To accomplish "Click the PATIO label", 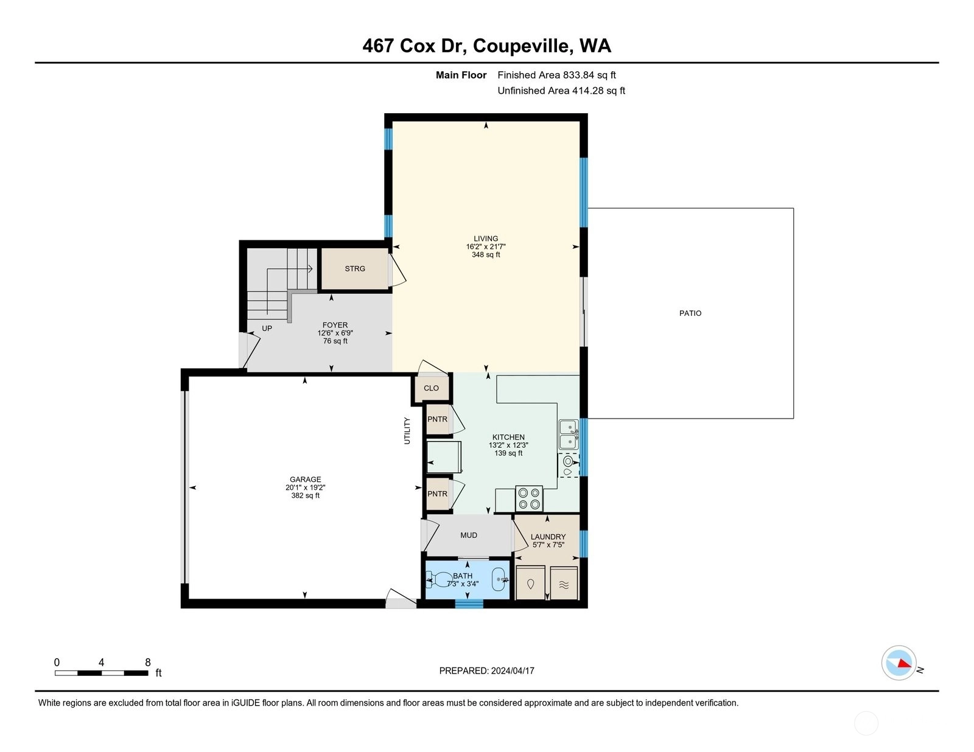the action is coord(690,313).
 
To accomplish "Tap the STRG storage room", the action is coord(354,269).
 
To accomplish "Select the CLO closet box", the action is coord(431,388).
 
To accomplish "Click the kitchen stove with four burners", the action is coord(529,498).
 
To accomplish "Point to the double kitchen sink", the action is coord(569,434).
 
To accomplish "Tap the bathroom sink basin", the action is coord(500,580).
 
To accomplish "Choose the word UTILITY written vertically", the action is coord(407,430).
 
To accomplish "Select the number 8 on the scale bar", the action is coord(148,662).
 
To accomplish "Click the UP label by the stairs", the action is coord(267,329).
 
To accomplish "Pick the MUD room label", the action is coord(468,535).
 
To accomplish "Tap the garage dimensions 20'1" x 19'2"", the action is coord(305,487).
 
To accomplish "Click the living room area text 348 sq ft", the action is coord(486,254).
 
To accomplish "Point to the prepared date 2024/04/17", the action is coord(513,670).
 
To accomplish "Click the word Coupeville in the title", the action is coord(522,46).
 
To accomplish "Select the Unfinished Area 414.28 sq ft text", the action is coord(561,91).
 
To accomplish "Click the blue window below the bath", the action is coord(469,604).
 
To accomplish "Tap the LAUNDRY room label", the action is coord(548,537).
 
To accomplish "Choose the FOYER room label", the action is coord(335,325).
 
